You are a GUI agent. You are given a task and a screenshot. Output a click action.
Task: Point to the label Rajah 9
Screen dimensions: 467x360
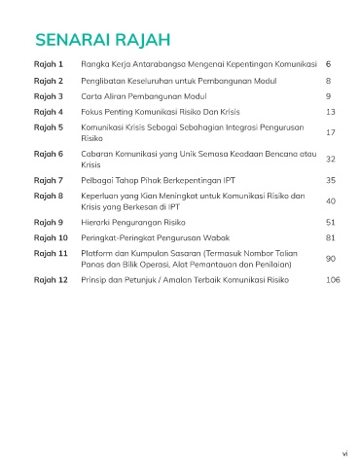(x=49, y=222)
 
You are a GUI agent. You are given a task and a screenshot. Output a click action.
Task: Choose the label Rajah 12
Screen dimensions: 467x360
(x=51, y=279)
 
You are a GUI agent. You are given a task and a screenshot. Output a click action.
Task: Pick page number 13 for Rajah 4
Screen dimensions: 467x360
(x=331, y=112)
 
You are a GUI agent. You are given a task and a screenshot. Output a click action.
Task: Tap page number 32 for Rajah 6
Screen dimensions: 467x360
(x=331, y=160)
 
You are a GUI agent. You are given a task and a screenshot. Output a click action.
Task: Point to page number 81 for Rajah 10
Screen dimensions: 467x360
(x=331, y=236)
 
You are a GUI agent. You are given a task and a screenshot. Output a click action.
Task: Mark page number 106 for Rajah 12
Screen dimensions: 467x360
(x=334, y=279)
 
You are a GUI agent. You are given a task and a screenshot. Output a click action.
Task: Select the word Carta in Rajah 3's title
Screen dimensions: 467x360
(x=93, y=97)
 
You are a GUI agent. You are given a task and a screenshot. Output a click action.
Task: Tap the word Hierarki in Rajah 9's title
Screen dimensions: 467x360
(x=99, y=222)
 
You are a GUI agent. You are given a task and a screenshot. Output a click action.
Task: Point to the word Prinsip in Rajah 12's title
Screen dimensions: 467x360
(x=97, y=279)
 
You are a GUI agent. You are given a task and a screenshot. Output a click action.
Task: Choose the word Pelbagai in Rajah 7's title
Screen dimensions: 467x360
(x=100, y=180)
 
